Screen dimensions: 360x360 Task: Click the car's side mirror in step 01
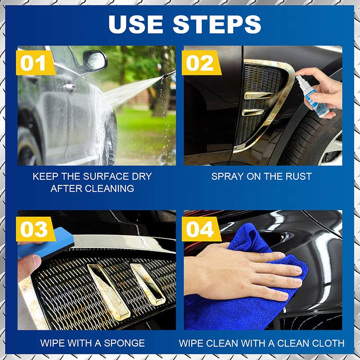pyautogui.click(x=95, y=60)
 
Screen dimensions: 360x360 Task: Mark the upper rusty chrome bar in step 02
pyautogui.click(x=259, y=95)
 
